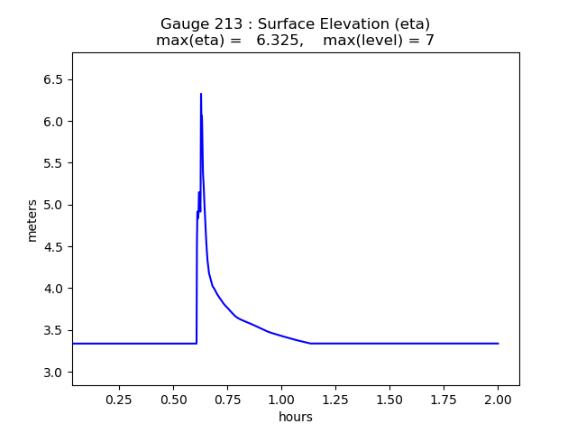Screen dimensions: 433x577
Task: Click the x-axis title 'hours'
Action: tap(296, 417)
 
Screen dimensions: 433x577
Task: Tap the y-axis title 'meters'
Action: tap(32, 220)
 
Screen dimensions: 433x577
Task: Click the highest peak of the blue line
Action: tap(201, 94)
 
